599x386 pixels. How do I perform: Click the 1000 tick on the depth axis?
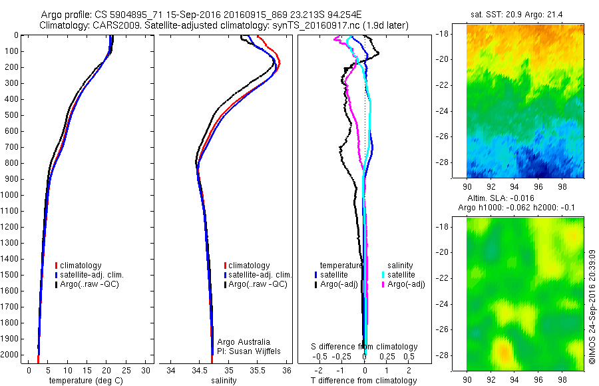click(11, 195)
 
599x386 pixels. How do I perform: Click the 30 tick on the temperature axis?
click(145, 371)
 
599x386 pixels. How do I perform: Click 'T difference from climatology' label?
click(363, 381)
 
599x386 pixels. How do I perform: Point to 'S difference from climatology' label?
click(364, 347)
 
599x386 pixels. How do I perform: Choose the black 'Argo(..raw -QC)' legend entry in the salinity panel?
click(258, 284)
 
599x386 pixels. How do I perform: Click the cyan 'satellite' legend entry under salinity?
click(401, 274)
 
